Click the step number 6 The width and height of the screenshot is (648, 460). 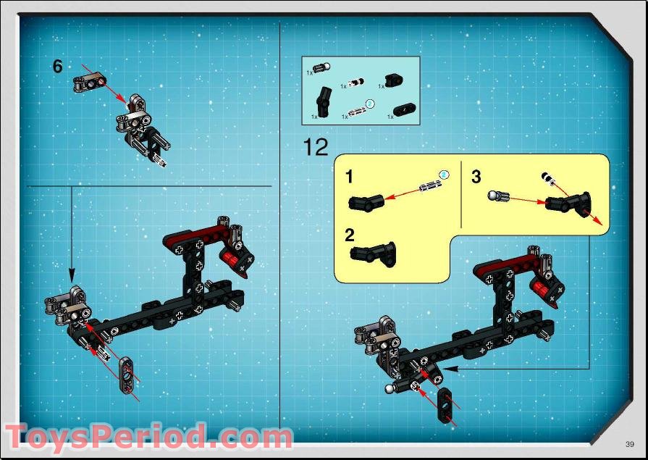pos(58,66)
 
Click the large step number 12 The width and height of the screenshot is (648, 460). pos(316,147)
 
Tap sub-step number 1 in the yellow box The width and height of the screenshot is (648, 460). pos(349,177)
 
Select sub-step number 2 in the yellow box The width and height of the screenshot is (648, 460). pos(350,235)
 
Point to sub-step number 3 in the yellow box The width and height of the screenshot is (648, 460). pos(476,177)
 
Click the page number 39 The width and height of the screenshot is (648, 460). pos(630,443)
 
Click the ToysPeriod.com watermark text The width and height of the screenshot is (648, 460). pos(148,438)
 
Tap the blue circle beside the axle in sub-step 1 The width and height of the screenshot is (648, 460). pos(445,174)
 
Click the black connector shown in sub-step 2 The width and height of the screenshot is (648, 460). pos(373,253)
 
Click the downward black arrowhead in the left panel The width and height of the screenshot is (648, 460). pos(71,276)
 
